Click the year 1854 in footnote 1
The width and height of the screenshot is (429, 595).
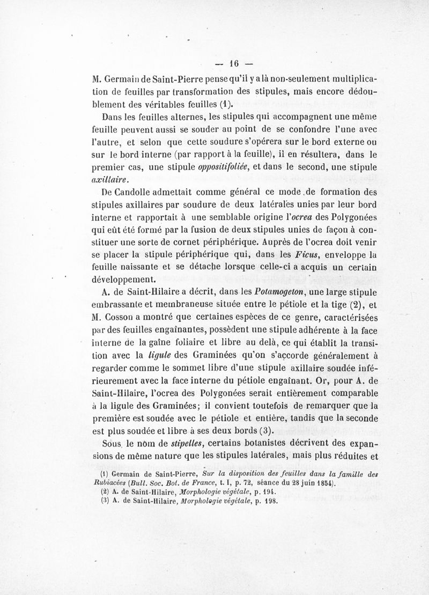tap(322, 483)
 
